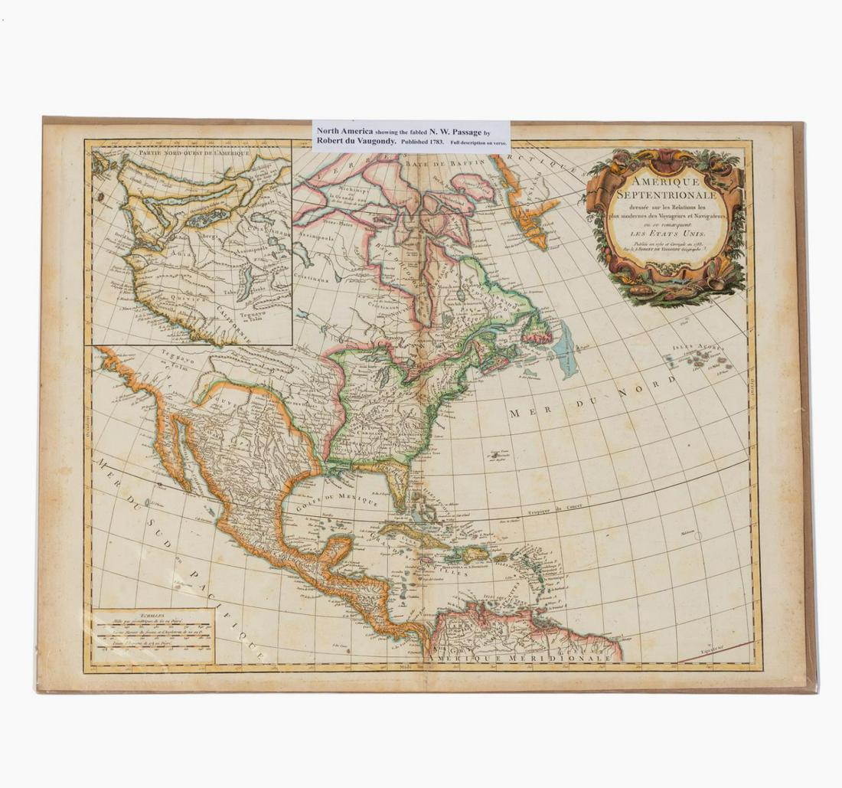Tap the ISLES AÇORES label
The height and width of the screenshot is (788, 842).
click(697, 348)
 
